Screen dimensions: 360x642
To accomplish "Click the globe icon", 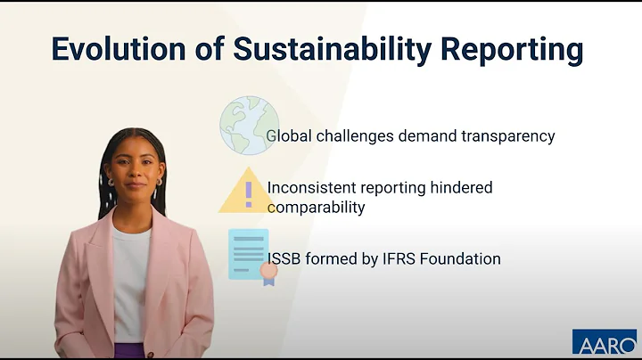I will coord(249,126).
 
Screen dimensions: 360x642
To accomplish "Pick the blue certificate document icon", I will coord(249,254).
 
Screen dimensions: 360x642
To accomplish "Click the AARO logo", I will coord(604,343).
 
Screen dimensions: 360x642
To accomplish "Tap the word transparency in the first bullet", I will coord(505,137).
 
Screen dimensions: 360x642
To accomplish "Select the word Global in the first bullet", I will coord(288,137).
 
